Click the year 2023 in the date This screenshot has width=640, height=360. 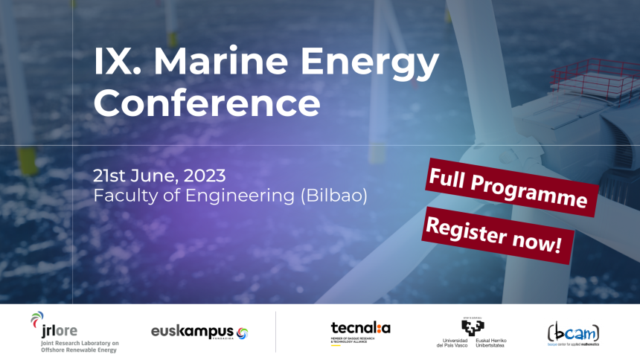(x=201, y=176)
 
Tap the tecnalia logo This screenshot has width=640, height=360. (x=360, y=328)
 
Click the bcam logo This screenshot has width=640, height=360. (x=572, y=332)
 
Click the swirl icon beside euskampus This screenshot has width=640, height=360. (x=242, y=332)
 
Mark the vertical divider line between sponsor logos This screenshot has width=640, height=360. (x=275, y=332)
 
